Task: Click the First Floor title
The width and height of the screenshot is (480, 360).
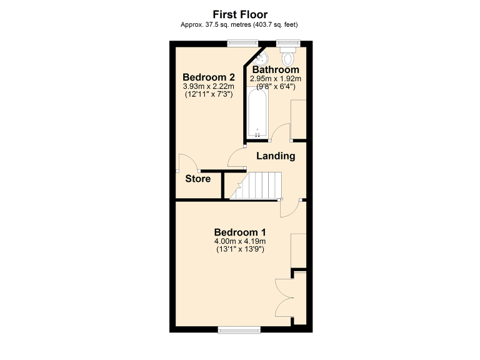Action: [240, 14]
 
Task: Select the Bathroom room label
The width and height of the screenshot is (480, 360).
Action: [276, 69]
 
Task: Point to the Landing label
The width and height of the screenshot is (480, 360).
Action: [276, 156]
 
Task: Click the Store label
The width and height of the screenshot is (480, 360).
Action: [197, 179]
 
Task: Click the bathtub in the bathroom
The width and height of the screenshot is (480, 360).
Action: [257, 114]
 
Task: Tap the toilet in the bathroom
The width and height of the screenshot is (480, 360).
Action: [288, 57]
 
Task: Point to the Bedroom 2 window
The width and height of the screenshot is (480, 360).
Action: [243, 43]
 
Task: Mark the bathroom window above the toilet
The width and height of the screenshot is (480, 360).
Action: [288, 43]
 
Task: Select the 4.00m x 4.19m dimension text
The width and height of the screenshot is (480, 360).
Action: [240, 241]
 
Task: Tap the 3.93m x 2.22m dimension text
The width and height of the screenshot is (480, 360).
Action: [208, 86]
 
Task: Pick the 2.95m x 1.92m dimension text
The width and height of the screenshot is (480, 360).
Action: [276, 79]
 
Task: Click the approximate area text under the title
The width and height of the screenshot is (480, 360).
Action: [240, 24]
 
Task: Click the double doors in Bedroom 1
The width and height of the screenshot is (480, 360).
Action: [284, 299]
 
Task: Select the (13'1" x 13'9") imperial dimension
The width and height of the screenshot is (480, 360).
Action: [240, 250]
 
